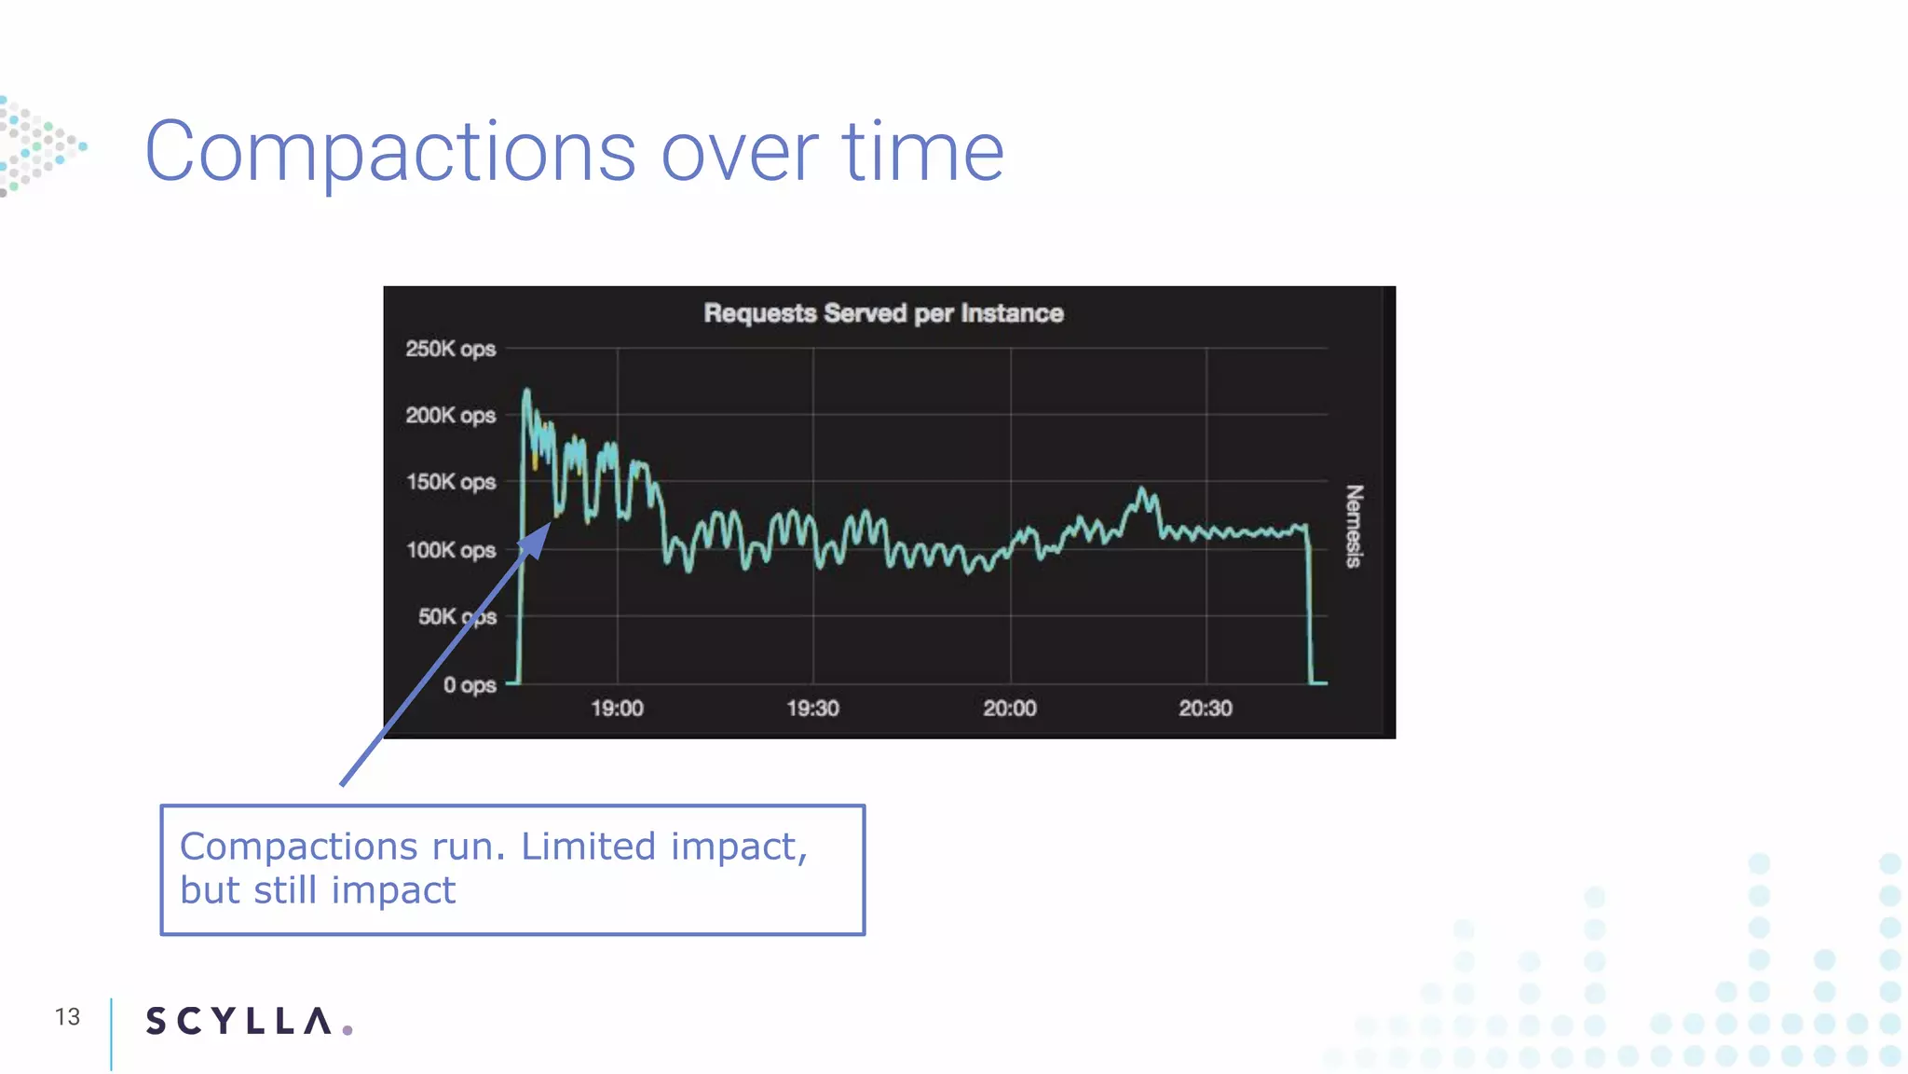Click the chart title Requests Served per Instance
pos(882,313)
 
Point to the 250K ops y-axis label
pos(450,349)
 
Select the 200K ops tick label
pos(450,415)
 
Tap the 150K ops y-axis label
pos(450,482)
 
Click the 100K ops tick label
pos(450,550)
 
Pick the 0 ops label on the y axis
pos(470,685)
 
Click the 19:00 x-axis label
pos(617,709)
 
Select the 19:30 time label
pos(812,709)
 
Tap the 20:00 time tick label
pos(1010,709)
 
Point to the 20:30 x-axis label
pos(1206,709)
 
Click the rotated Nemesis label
pos(1354,526)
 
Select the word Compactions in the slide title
pos(389,152)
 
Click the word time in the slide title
pos(922,152)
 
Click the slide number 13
pos(67,1017)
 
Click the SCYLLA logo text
pos(238,1021)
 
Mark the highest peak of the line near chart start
pos(526,391)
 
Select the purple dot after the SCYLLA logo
pos(348,1030)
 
